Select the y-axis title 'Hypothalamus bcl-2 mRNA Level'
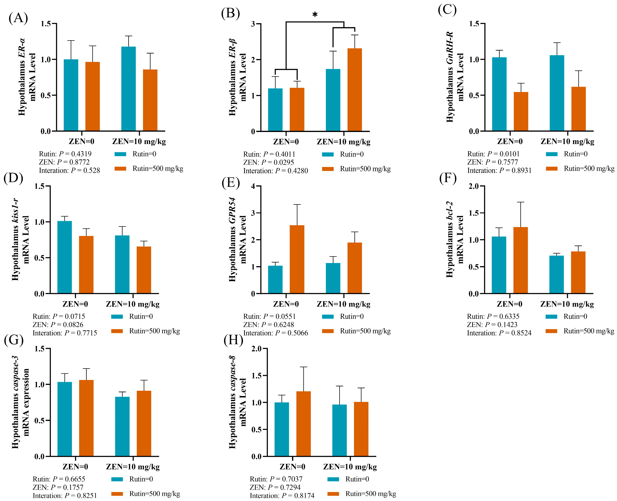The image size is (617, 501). point(455,240)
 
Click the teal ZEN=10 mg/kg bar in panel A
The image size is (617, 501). point(129,89)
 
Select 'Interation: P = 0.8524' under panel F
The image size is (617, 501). point(499,333)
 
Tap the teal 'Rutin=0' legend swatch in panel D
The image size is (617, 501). point(117,317)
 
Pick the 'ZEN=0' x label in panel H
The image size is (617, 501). point(292,467)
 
